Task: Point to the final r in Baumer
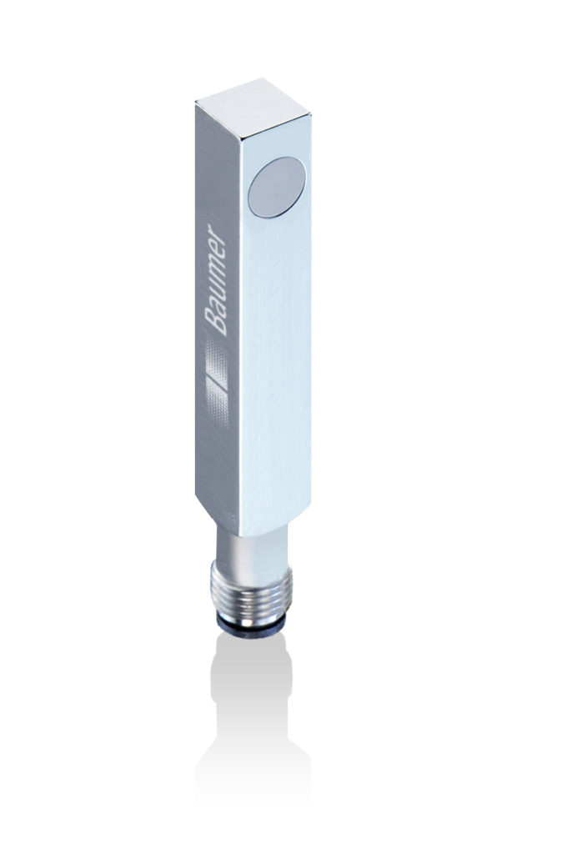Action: tap(218, 228)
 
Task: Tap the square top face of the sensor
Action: tap(253, 106)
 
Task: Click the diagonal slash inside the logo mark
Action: tap(217, 376)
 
